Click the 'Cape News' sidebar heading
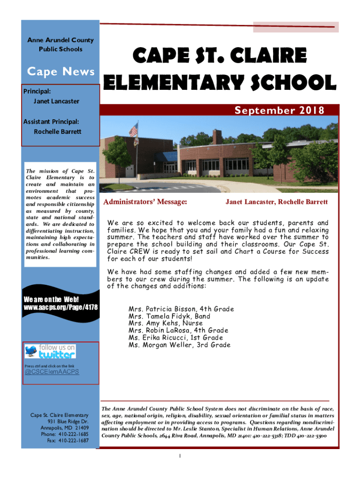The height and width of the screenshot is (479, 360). click(x=61, y=72)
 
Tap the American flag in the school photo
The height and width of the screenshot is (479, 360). click(x=133, y=129)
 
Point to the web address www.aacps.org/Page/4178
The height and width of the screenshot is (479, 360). click(x=61, y=307)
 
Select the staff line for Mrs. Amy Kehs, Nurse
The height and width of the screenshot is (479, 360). click(x=166, y=323)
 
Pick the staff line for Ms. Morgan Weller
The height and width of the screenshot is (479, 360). click(x=179, y=345)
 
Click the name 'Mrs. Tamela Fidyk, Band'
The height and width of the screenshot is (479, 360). click(x=169, y=316)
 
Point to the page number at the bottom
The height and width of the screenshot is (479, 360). click(x=180, y=456)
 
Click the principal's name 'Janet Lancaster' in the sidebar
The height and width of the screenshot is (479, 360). click(x=56, y=101)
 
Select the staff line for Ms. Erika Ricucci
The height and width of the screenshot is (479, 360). click(x=176, y=338)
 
